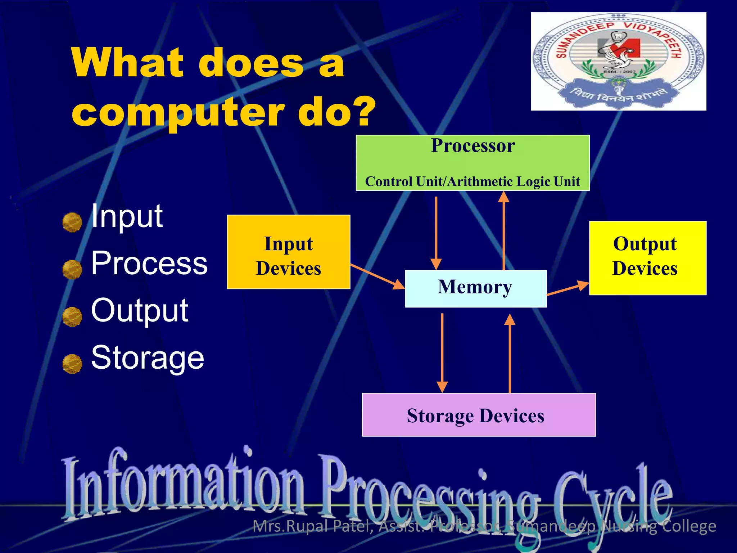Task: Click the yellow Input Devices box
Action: tap(288, 252)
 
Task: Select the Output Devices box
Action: tap(647, 258)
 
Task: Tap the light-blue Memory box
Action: tap(475, 288)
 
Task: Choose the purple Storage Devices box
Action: tap(479, 415)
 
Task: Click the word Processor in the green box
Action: tap(473, 146)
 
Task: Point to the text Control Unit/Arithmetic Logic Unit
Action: tap(473, 181)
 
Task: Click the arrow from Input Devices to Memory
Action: tap(377, 276)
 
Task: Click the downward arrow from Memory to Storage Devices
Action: tap(442, 353)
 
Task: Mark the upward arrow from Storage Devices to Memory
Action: tap(510, 353)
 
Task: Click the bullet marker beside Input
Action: tap(72, 222)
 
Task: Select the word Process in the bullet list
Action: tap(149, 263)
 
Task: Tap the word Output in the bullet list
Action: tap(140, 310)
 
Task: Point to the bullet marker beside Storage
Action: tap(72, 364)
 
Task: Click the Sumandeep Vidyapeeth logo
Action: tap(618, 61)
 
